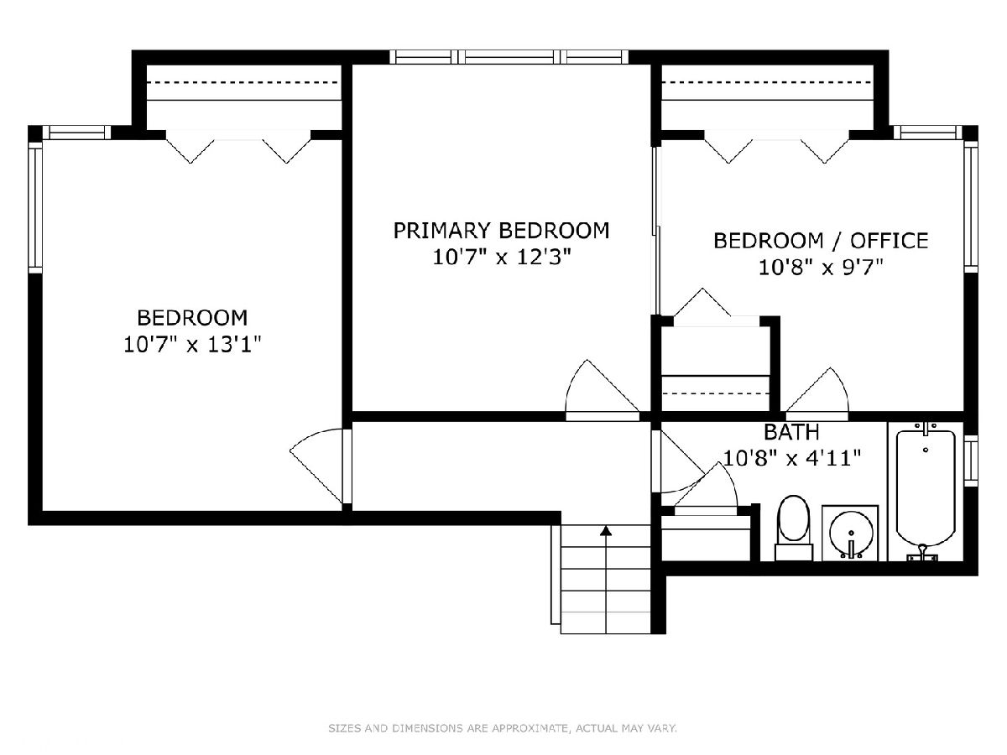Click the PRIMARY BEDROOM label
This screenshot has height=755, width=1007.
point(501,230)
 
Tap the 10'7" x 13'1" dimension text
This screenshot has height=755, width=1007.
point(192,344)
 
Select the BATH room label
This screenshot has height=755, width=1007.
point(791,432)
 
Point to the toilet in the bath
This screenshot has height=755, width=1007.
point(793,527)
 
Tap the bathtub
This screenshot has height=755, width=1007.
point(926,492)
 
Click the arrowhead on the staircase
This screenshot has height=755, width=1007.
point(606,530)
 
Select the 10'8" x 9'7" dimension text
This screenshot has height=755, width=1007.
point(821,268)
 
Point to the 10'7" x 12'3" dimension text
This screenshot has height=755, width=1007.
point(502,258)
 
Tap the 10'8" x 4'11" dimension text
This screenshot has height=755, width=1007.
point(792,457)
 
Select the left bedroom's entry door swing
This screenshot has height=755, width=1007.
point(317,464)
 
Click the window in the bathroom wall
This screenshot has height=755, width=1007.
point(971,461)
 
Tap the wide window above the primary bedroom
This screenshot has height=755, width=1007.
point(509,57)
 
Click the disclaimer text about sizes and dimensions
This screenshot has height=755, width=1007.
point(503,727)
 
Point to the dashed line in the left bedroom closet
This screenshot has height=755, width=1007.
point(243,82)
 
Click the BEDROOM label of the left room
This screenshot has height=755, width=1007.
point(192,318)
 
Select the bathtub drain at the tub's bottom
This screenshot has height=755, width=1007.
point(922,547)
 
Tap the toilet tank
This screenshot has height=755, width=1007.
point(794,552)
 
